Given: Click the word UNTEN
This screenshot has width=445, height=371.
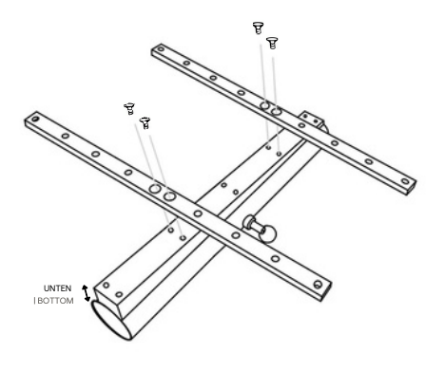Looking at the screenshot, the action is [57, 288].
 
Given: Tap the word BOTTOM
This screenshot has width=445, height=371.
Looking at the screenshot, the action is [56, 301].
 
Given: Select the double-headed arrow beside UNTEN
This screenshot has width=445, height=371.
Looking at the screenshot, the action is [86, 293].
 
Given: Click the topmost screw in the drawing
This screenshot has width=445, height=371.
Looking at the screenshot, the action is [258, 28].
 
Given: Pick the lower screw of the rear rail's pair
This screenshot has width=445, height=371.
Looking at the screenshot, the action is [272, 43].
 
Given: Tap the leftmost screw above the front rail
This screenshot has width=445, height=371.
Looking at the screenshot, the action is [129, 108].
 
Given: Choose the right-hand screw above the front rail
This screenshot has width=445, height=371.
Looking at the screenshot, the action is [145, 122].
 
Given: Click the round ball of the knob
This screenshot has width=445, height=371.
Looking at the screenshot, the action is [268, 233].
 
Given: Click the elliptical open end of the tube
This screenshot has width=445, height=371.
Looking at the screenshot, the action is [111, 320].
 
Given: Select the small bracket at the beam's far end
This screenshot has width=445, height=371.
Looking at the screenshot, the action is [311, 121].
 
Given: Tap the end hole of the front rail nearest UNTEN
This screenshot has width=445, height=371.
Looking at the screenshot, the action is [35, 120].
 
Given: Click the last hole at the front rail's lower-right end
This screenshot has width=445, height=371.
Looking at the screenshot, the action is [318, 285].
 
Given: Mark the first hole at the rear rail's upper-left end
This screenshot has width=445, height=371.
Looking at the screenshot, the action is [161, 49].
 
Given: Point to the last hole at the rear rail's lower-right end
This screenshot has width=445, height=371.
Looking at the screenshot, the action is [405, 181].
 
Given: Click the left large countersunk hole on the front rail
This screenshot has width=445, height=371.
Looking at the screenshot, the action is [155, 189].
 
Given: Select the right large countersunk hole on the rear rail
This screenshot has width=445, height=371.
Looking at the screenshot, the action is [276, 111].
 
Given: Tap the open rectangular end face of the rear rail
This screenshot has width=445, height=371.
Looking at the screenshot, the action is [412, 189].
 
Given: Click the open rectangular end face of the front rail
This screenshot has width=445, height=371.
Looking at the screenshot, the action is [326, 291].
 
